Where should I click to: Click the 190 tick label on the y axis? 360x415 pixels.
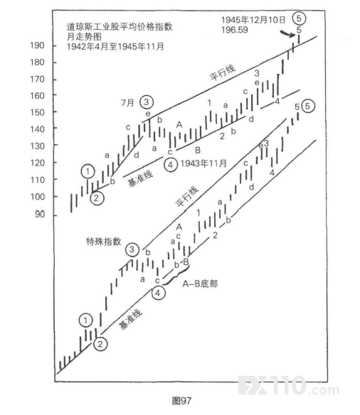37,45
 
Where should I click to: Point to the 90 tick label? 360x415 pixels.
40,214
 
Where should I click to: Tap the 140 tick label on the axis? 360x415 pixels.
37,129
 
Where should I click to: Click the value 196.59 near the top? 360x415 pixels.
235,30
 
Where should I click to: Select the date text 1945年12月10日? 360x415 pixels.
253,20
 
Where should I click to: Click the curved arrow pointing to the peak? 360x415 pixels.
287,33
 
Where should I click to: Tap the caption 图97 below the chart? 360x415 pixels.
181,401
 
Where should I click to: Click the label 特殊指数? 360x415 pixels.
104,242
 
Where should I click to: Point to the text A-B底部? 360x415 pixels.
200,284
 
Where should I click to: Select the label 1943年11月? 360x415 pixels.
203,163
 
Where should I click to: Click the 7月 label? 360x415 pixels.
127,102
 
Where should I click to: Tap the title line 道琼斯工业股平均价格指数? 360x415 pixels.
120,27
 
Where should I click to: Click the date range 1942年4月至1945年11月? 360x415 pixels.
115,47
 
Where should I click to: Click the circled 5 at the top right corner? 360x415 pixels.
299,18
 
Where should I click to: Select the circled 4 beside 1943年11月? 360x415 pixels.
170,165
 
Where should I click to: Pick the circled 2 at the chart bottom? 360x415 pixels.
100,344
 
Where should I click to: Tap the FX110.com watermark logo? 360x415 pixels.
289,386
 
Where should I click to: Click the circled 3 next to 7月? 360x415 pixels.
147,102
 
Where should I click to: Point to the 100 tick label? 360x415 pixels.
37,197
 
